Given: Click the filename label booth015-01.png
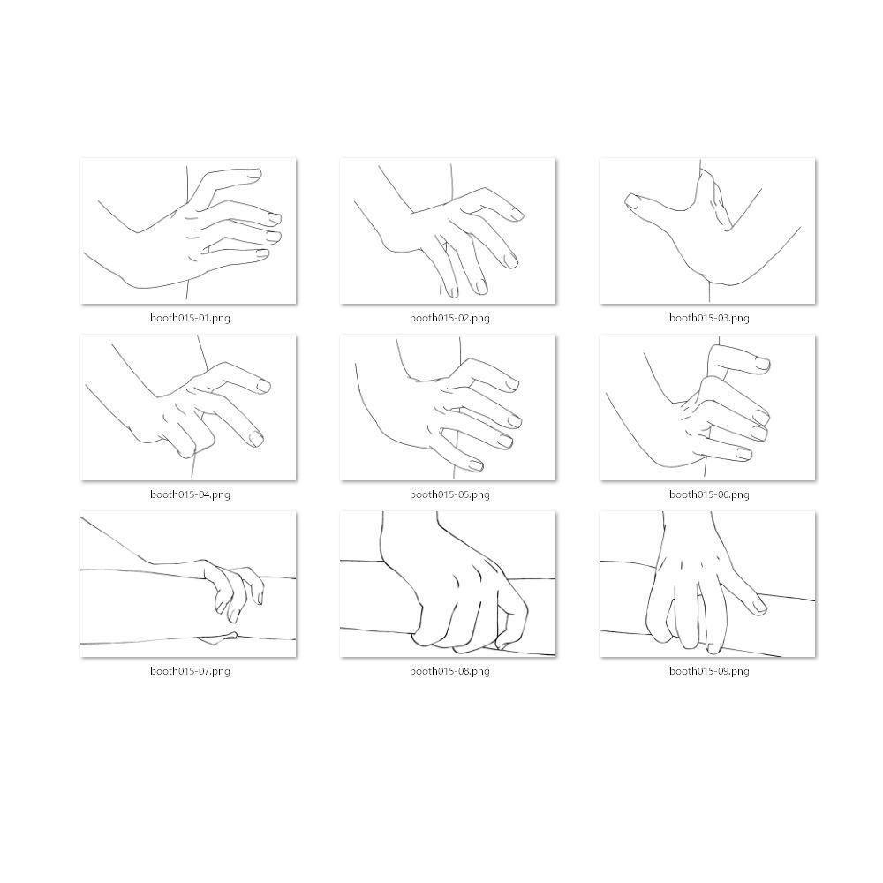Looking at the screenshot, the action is [x=190, y=318].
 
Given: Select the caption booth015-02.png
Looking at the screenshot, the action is [x=449, y=318].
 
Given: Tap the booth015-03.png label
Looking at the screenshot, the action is [x=709, y=318].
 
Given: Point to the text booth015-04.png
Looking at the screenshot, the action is [x=190, y=494].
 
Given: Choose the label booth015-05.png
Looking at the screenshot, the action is [x=449, y=494].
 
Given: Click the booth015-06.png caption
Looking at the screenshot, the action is [x=709, y=494].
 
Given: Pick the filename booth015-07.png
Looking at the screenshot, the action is [x=190, y=671].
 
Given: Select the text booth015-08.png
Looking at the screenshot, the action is [x=449, y=671].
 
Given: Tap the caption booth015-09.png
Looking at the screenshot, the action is [x=709, y=671].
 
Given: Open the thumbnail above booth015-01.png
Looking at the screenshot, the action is [x=188, y=230].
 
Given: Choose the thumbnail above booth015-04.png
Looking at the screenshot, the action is [x=188, y=408].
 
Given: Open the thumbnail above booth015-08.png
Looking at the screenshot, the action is [x=448, y=584].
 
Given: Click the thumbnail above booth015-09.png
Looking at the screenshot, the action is [x=707, y=584].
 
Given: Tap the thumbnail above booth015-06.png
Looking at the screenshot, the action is [x=707, y=408].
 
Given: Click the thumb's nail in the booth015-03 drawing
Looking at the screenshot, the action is [x=633, y=201].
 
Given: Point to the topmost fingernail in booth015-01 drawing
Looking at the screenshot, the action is [x=254, y=174].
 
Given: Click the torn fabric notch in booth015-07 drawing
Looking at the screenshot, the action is [x=218, y=638].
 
